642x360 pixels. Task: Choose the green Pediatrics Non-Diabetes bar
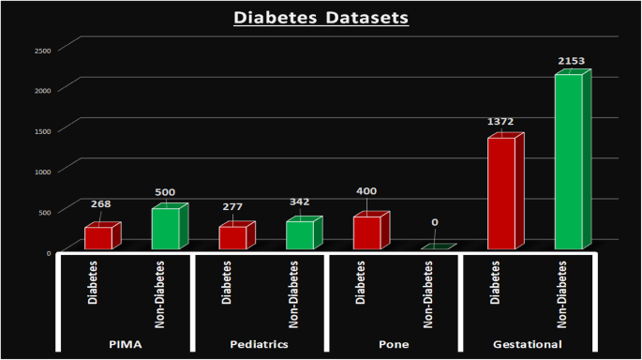(x=301, y=234)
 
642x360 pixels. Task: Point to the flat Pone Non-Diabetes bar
(x=436, y=247)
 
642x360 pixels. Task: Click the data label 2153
(x=570, y=61)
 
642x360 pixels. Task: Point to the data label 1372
(x=500, y=122)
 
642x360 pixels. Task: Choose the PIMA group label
(x=125, y=344)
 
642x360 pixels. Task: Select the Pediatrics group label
(x=259, y=344)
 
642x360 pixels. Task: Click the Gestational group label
(x=527, y=344)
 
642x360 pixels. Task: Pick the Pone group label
(x=393, y=344)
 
